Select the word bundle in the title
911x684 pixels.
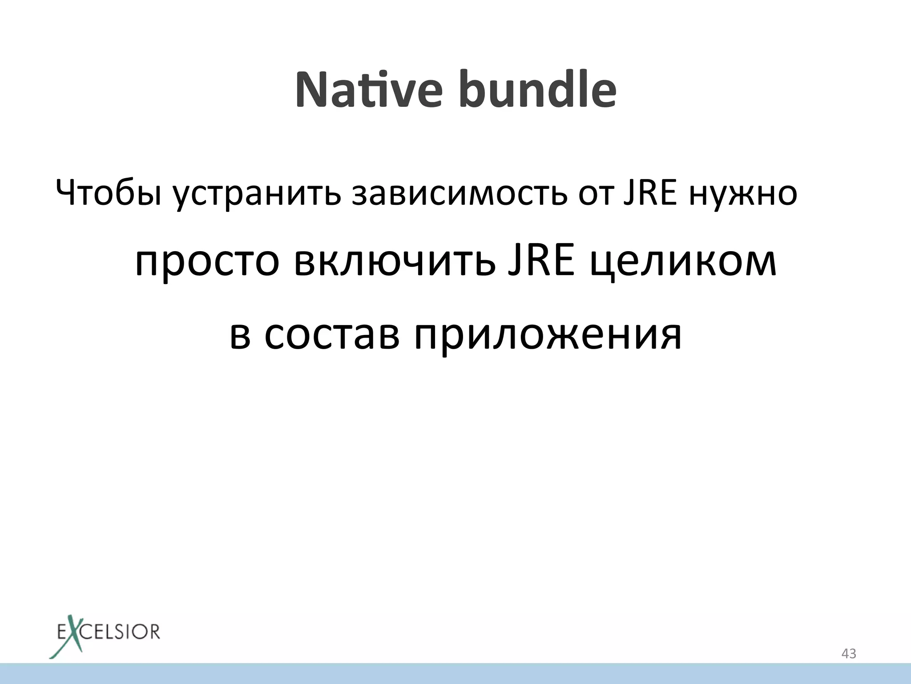pyautogui.click(x=538, y=90)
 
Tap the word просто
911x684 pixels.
pyautogui.click(x=207, y=263)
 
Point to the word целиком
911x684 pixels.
pyautogui.click(x=683, y=263)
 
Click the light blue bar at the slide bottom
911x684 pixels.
pyautogui.click(x=455, y=673)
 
